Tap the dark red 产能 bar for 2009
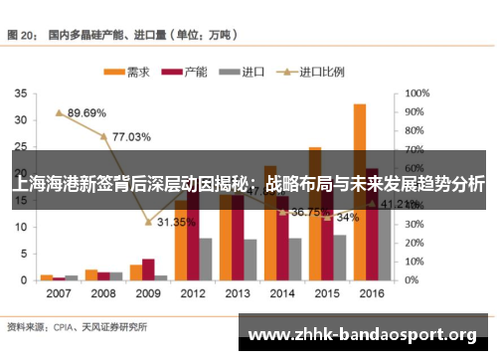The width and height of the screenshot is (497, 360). click(148, 270)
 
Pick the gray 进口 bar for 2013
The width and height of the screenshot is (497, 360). click(250, 259)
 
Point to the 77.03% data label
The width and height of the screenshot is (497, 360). click(131, 136)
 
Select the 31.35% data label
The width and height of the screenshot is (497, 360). click(176, 222)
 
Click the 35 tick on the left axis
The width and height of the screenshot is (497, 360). click(21, 93)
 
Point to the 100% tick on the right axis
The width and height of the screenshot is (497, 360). click(417, 93)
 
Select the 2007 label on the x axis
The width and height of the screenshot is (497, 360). click(59, 294)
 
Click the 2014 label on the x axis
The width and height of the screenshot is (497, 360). click(283, 294)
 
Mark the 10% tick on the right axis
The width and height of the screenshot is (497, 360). click(414, 262)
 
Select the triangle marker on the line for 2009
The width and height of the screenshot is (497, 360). click(148, 222)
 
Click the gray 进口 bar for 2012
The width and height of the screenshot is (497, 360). click(206, 259)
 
